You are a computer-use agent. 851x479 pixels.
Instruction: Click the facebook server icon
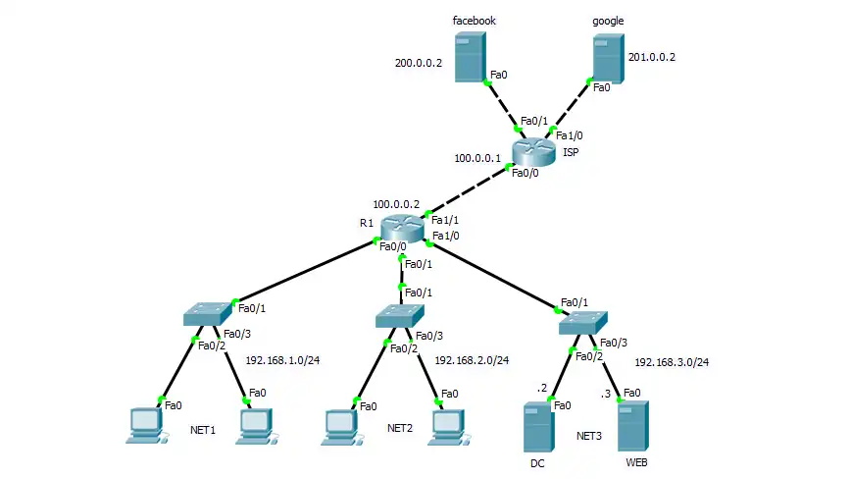click(470, 56)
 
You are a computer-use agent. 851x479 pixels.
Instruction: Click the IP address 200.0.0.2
click(419, 63)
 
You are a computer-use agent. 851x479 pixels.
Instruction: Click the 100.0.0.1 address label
click(477, 157)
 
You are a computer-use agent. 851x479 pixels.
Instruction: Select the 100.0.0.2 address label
click(395, 204)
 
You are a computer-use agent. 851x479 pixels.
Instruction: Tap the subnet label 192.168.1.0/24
click(282, 360)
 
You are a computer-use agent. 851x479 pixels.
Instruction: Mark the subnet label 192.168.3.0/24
click(672, 362)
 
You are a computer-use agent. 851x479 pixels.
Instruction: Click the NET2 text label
click(400, 428)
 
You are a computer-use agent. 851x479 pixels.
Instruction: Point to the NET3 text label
click(589, 435)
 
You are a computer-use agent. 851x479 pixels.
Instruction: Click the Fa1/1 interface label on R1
click(445, 220)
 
